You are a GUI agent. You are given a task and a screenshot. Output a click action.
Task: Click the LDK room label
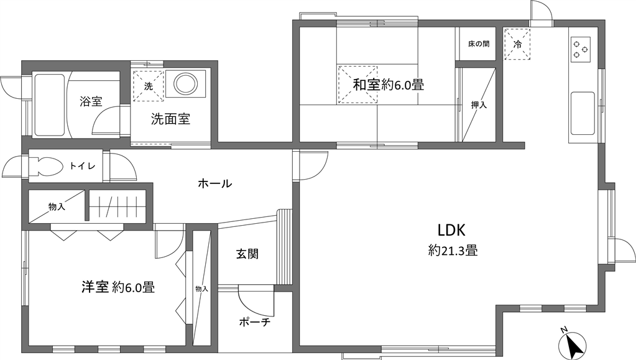coord(451,231)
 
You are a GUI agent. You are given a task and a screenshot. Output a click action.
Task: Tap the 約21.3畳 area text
coord(453,251)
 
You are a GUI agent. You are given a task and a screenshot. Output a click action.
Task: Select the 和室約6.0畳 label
coord(388,85)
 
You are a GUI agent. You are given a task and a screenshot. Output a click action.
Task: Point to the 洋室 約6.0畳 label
coord(118,287)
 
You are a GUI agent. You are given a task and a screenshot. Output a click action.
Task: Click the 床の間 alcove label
coord(479,44)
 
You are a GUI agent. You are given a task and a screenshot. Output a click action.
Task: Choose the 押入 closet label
coord(479,104)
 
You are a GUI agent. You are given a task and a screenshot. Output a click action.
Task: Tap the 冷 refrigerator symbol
coord(517,44)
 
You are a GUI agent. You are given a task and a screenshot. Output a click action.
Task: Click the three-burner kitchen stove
coord(581,49)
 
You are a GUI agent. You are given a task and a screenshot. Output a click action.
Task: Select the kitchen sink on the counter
coord(583,113)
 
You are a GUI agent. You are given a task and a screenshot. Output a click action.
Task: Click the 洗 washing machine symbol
coord(149,86)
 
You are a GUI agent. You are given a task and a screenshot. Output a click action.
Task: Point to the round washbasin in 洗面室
coord(186,83)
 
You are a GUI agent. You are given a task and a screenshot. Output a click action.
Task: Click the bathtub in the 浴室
coord(50,104)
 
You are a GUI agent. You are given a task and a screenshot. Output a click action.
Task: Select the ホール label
coord(215,183)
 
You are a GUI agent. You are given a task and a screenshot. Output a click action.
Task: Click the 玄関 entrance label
coord(247,254)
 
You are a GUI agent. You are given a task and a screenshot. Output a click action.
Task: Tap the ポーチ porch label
coord(255,322)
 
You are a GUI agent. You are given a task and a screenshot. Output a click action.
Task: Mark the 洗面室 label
coord(170,119)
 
